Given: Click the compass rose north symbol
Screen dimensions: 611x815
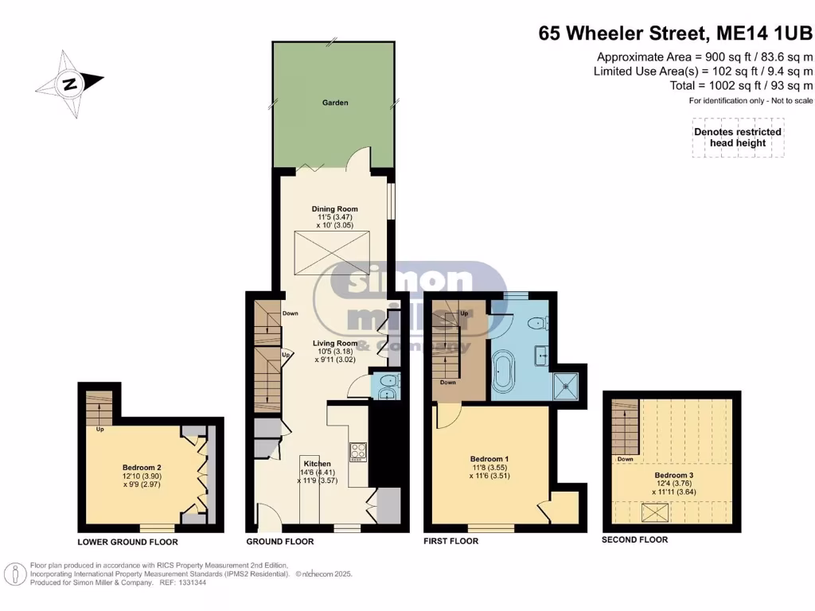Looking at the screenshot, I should click(70, 82).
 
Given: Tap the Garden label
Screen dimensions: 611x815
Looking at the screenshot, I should click(334, 103).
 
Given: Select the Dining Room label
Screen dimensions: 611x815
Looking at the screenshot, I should click(334, 209).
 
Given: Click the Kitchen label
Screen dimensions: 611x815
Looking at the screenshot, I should click(315, 463).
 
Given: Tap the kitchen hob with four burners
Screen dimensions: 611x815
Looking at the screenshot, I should click(357, 452).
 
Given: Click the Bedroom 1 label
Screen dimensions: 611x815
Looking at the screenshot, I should click(489, 459).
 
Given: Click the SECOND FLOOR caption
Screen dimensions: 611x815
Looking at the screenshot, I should click(635, 539).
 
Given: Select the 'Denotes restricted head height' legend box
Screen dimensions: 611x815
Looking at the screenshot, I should click(738, 138).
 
